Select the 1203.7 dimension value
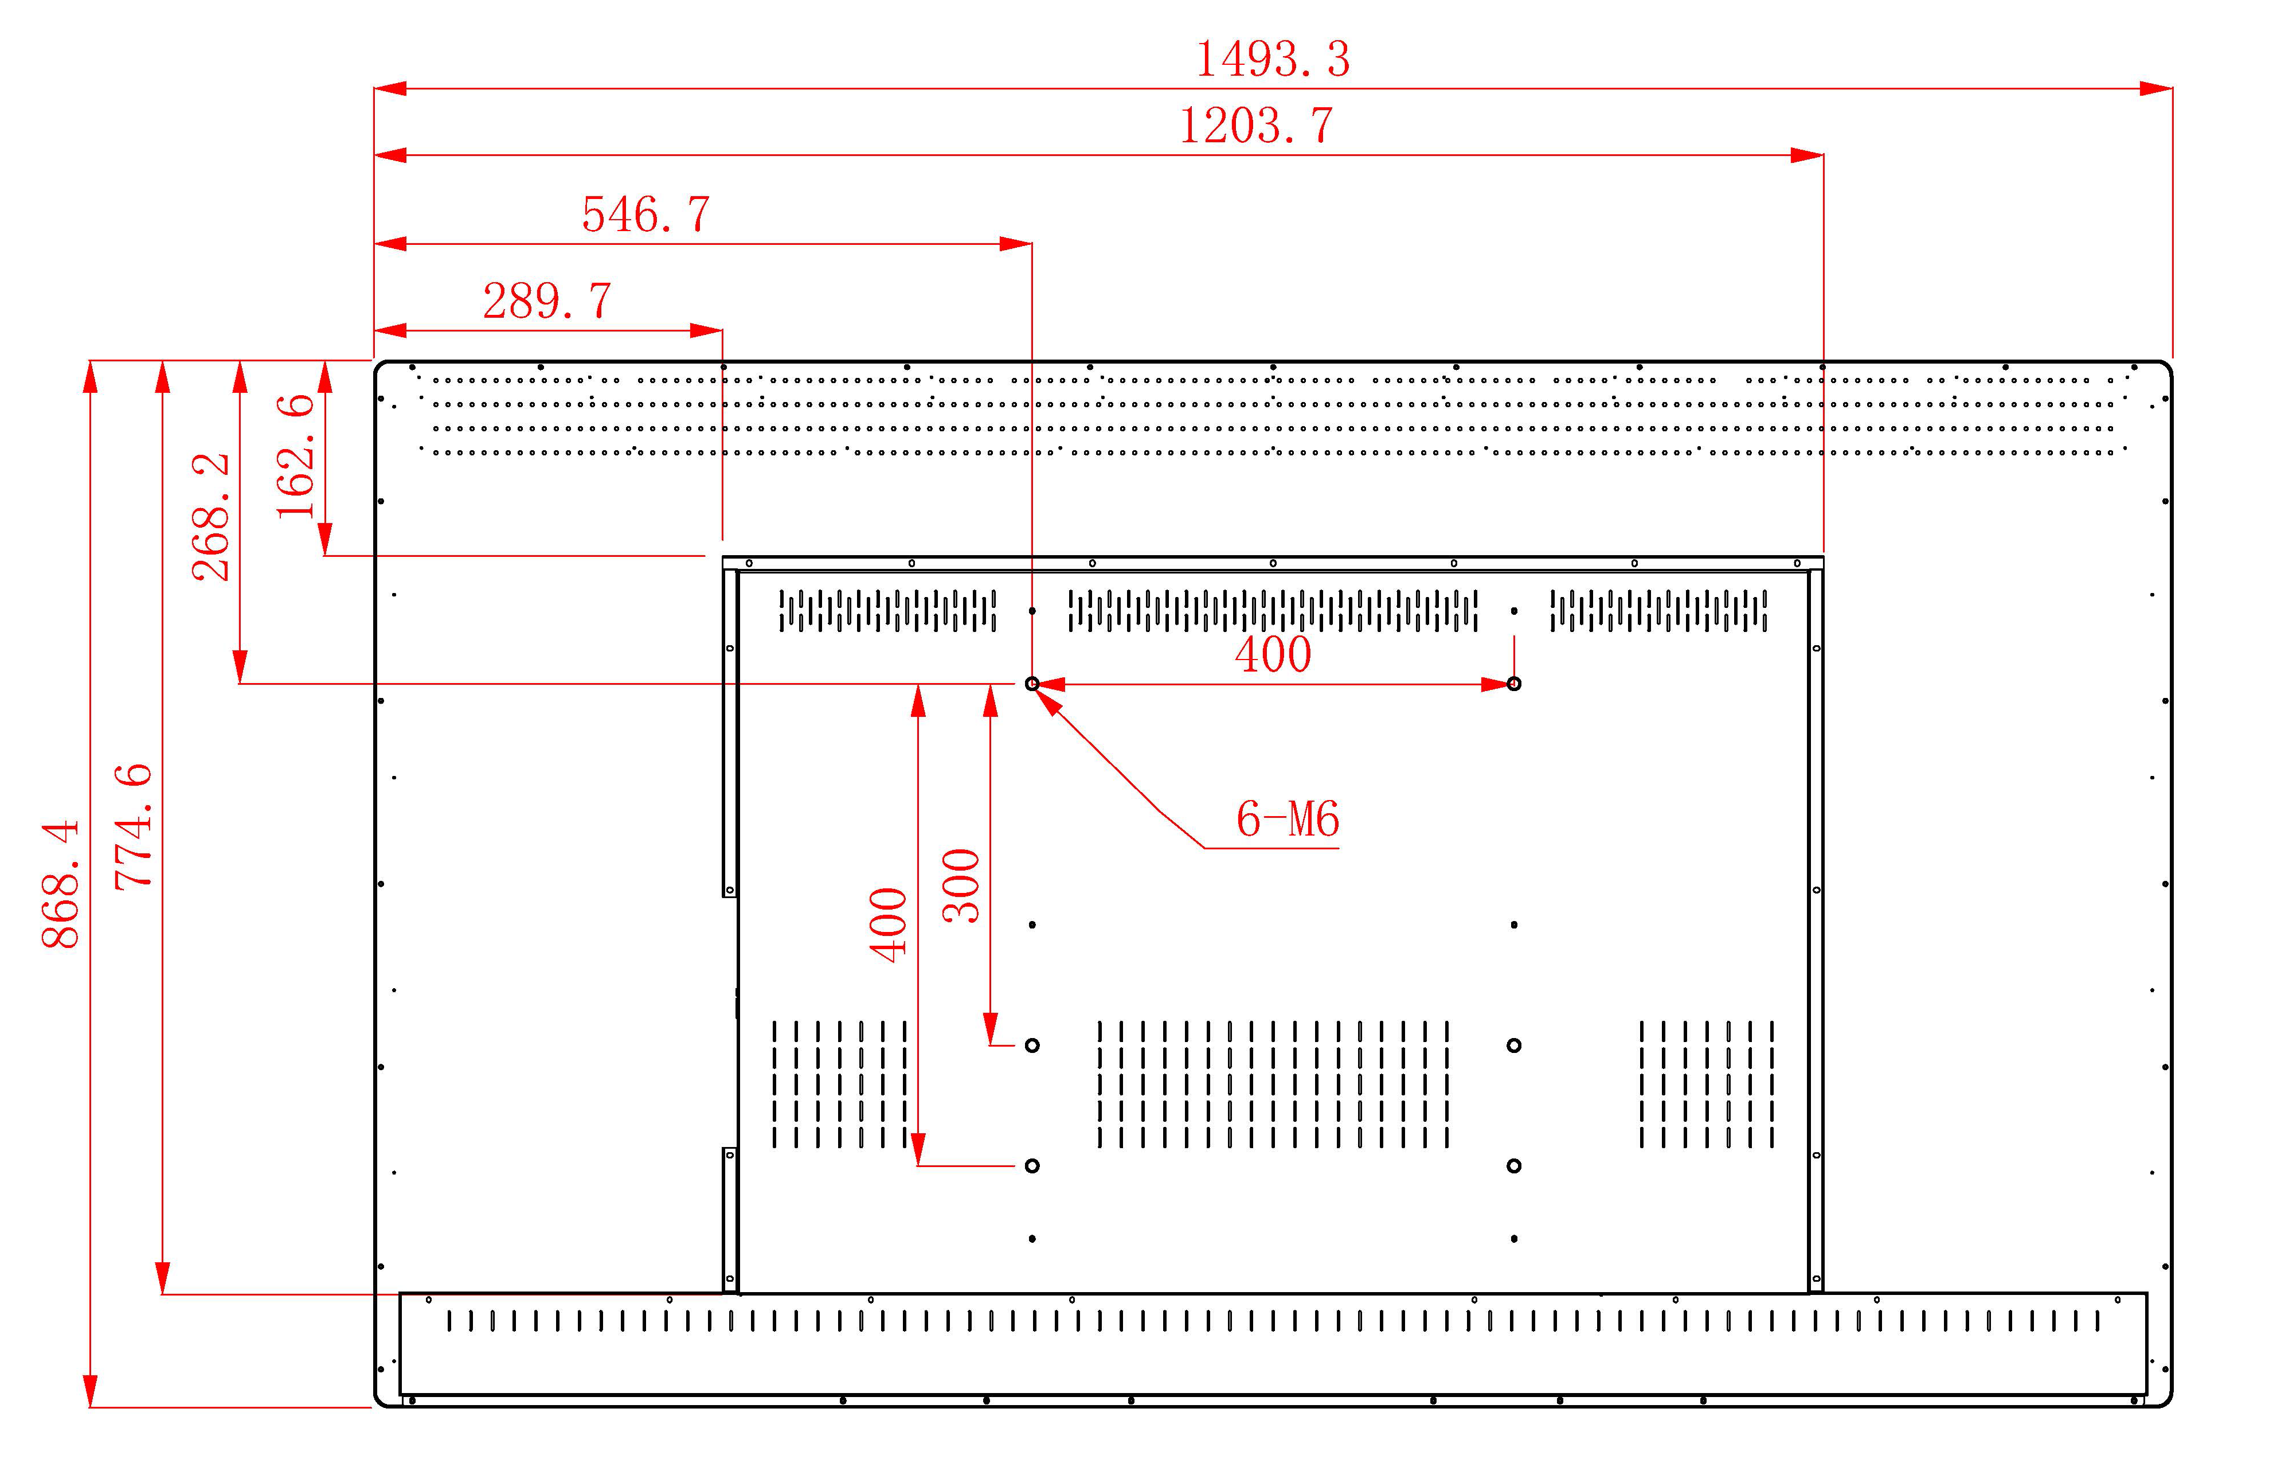click(x=1255, y=126)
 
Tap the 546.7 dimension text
click(x=645, y=214)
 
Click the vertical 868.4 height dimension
click(x=61, y=884)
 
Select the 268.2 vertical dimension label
click(x=211, y=518)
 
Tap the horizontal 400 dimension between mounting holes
click(x=1273, y=654)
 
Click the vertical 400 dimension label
click(x=889, y=924)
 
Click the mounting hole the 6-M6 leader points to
click(x=1032, y=684)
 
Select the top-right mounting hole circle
click(x=1513, y=684)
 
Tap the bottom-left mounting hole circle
click(x=1032, y=1166)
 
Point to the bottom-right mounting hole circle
click(x=1513, y=1166)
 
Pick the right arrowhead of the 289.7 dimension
click(x=706, y=330)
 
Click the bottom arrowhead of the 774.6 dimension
click(x=163, y=1278)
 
